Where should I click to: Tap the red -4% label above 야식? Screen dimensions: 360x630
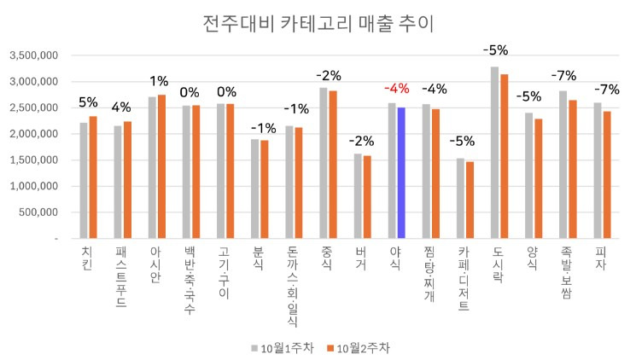click(396, 89)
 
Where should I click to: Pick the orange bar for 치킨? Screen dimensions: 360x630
click(93, 177)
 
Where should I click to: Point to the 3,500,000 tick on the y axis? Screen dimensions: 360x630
click(33, 55)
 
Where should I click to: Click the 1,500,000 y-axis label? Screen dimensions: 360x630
click(33, 160)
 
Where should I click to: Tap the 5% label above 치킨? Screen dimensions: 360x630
click(88, 102)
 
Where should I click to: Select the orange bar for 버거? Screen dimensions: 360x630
click(367, 197)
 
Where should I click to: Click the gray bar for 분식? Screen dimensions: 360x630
click(254, 189)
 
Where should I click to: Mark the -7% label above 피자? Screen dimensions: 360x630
click(602, 89)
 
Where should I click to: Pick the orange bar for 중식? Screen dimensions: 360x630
click(333, 165)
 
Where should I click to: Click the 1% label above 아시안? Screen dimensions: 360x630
click(158, 81)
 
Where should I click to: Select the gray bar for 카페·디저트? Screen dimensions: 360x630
click(460, 199)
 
